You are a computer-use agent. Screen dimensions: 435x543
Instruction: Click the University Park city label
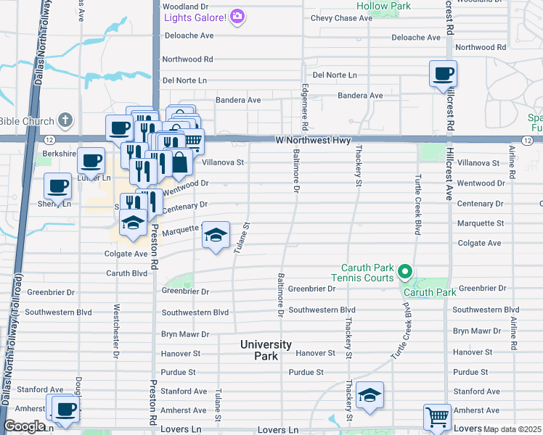[x=266, y=350]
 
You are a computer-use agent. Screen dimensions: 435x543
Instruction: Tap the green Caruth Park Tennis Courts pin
[x=405, y=273]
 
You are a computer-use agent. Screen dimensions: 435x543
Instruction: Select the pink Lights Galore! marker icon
[x=237, y=17]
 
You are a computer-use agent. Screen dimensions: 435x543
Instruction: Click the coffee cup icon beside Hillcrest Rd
[x=442, y=73]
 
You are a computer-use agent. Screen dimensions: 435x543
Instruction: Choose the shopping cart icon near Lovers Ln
[x=437, y=418]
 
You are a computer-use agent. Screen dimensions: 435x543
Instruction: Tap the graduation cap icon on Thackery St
[x=370, y=395]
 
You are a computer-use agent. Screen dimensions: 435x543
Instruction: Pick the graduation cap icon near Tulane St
[x=216, y=235]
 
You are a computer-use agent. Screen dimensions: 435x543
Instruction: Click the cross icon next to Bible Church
[x=65, y=120]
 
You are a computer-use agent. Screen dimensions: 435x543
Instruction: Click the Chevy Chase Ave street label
[x=341, y=18]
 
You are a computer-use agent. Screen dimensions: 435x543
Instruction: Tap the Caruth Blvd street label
[x=127, y=273]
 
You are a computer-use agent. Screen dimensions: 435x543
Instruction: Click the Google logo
[x=23, y=426]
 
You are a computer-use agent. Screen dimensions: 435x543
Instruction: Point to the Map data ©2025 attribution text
[x=512, y=429]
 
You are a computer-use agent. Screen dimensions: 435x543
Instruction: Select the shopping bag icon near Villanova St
[x=179, y=162]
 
